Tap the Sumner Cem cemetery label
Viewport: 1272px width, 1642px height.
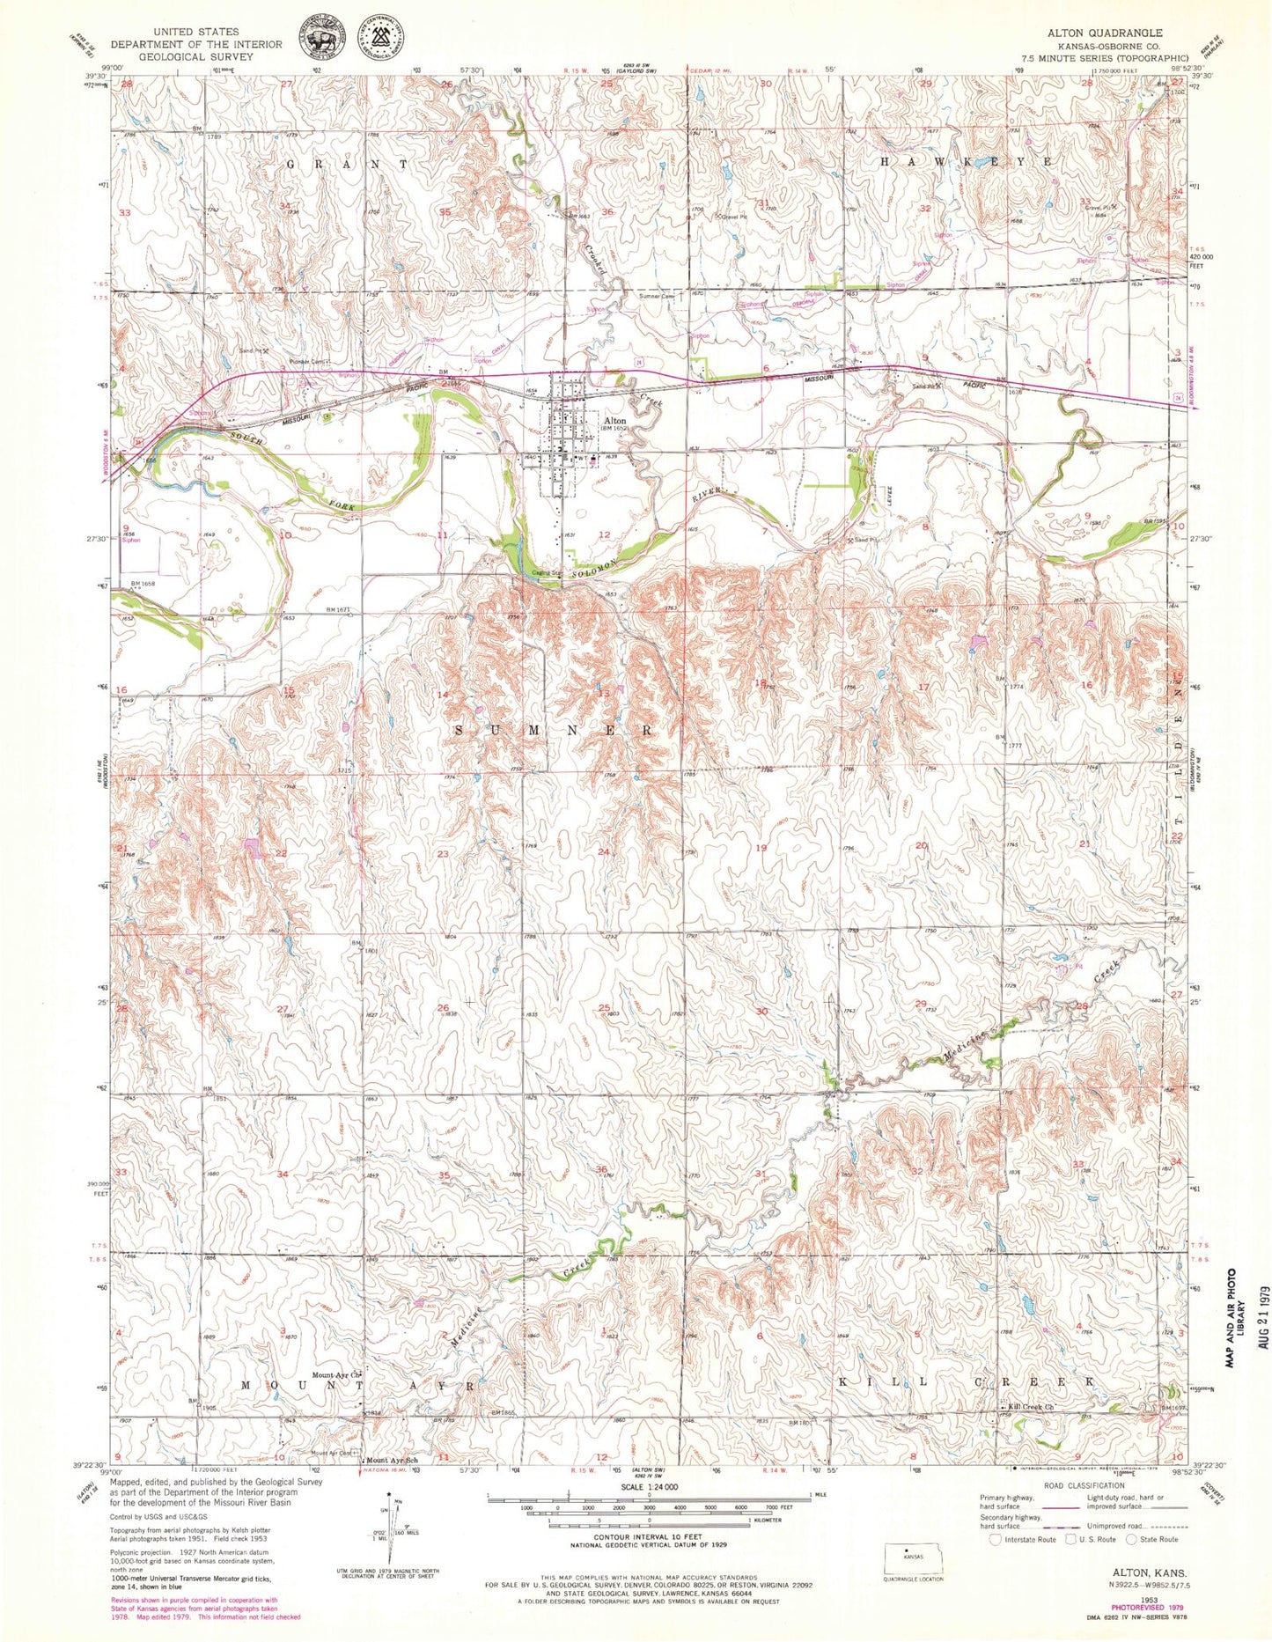(656, 297)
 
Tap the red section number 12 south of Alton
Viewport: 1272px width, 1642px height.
(604, 534)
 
